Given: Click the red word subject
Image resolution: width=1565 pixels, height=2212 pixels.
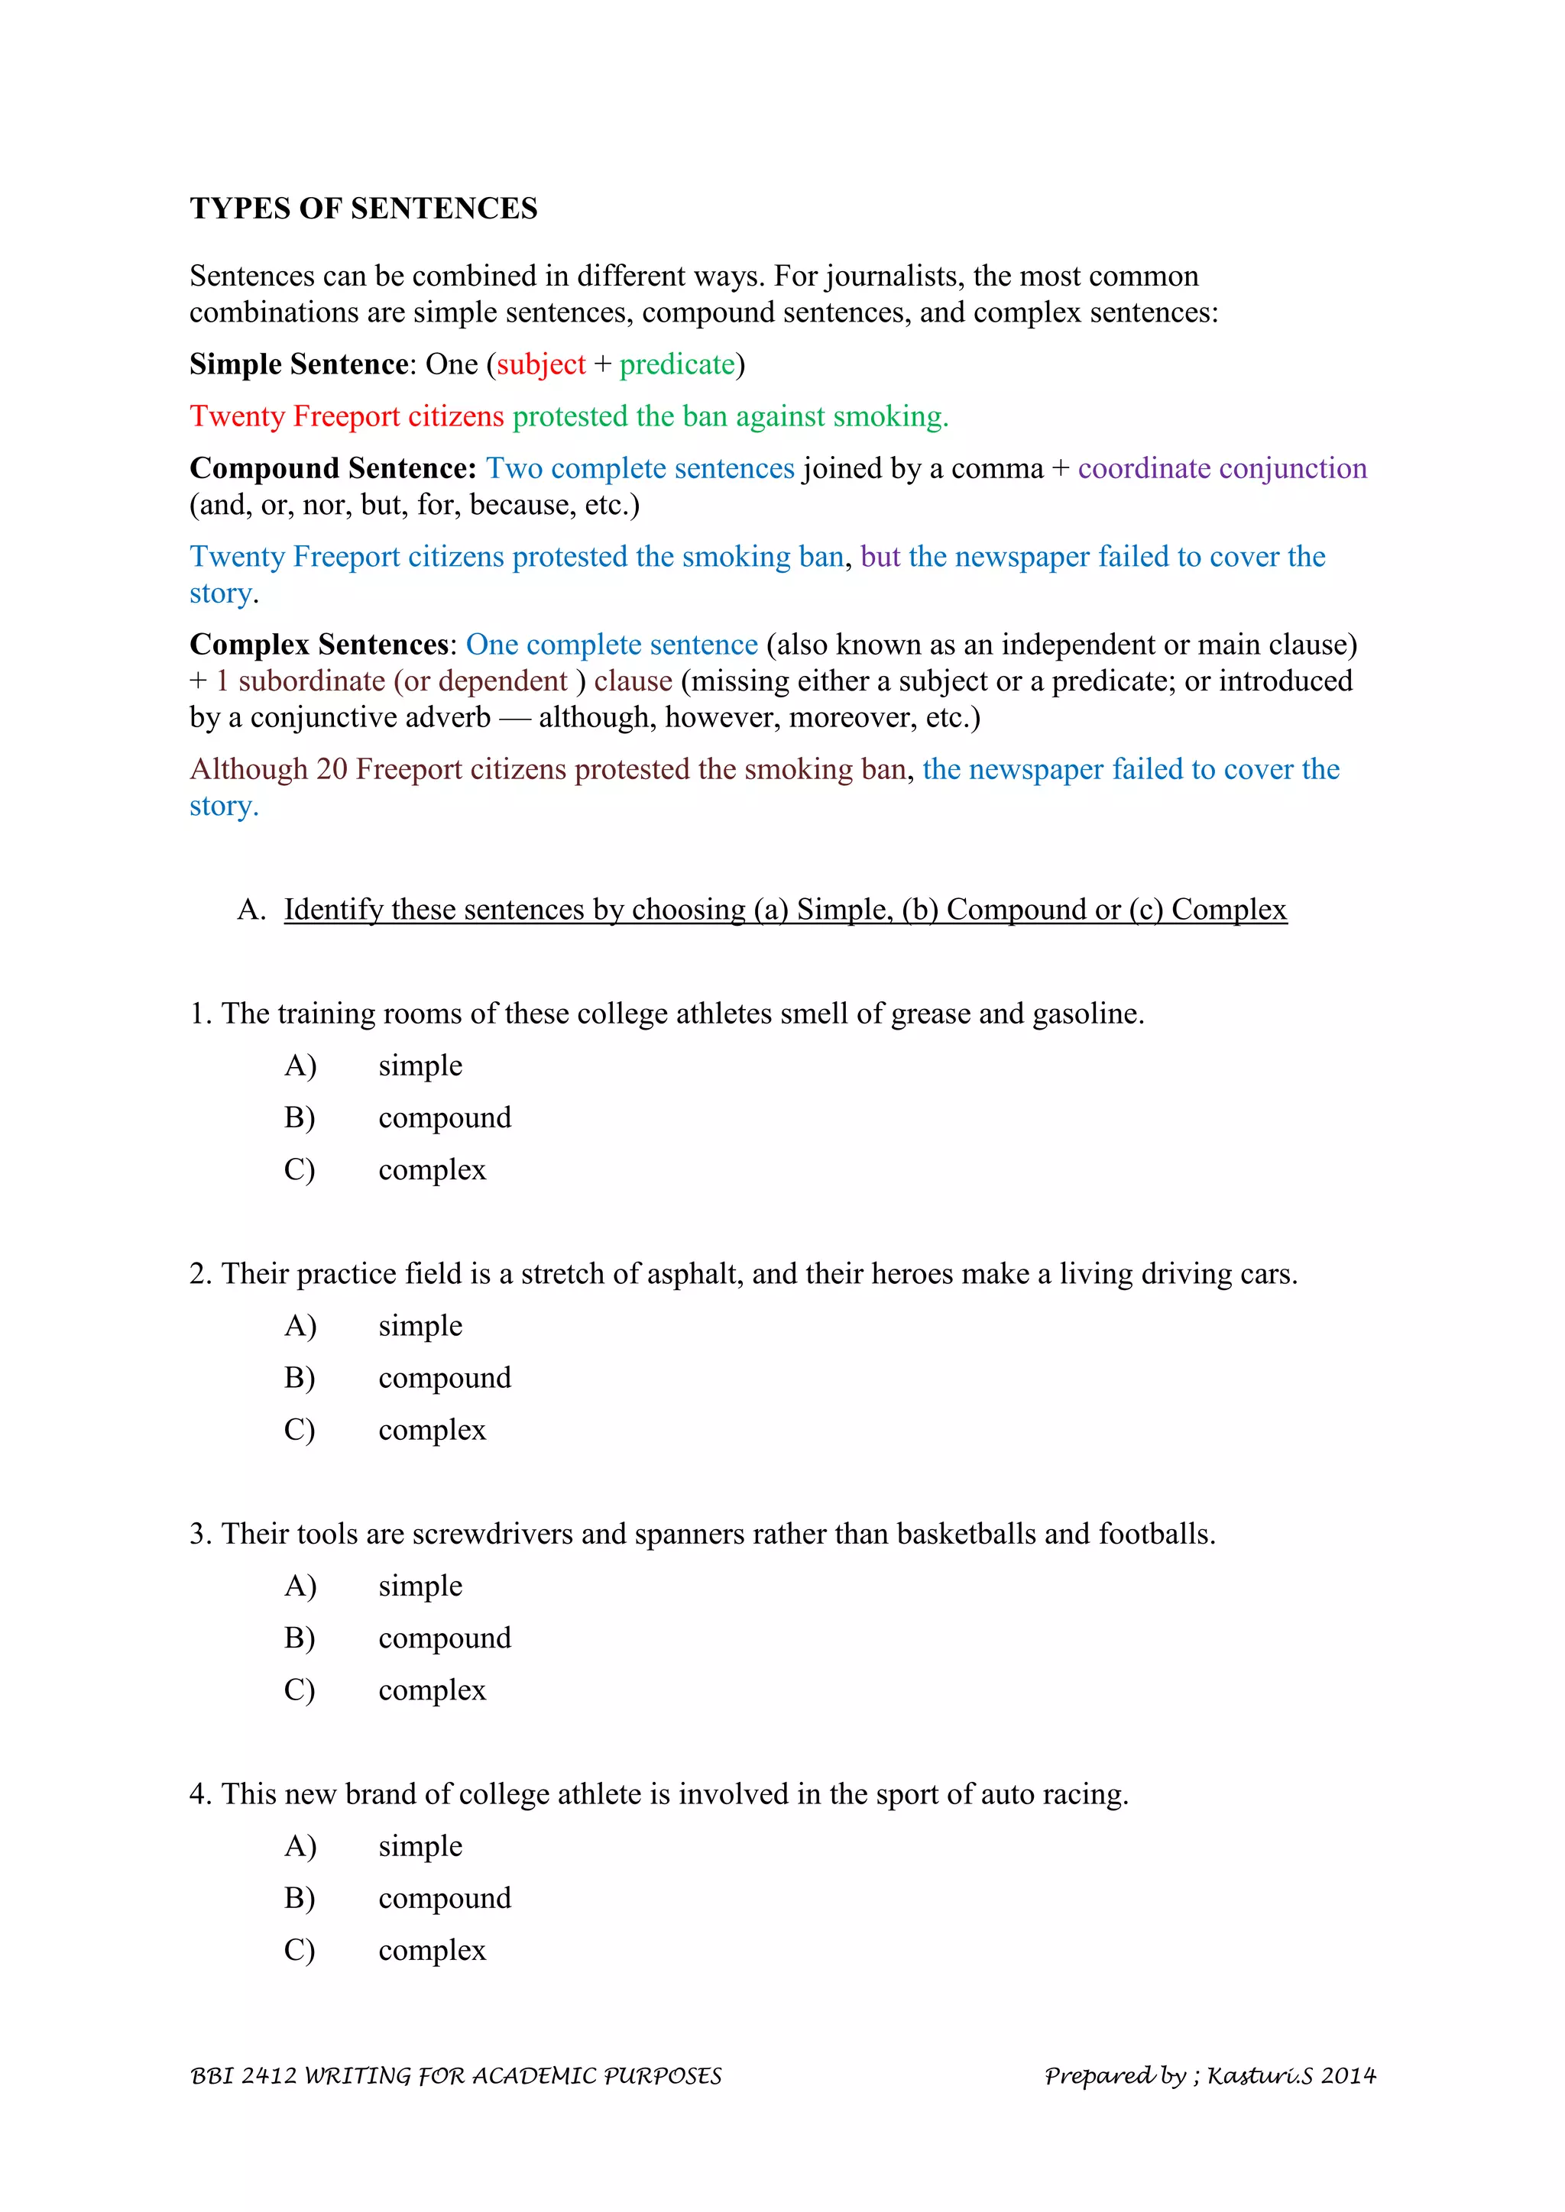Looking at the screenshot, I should click(x=540, y=364).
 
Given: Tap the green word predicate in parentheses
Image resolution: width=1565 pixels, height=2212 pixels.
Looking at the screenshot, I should click(x=676, y=364).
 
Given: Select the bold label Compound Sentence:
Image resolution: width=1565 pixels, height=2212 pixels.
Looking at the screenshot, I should click(x=332, y=468).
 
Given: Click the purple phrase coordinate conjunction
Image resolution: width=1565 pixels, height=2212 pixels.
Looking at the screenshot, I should click(x=1222, y=468).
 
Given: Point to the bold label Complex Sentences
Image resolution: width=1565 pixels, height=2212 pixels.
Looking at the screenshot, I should click(x=319, y=645).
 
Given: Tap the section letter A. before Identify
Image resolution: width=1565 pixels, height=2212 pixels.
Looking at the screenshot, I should click(x=251, y=910).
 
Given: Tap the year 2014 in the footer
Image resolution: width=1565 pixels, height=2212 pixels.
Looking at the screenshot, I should click(x=1348, y=2076).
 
